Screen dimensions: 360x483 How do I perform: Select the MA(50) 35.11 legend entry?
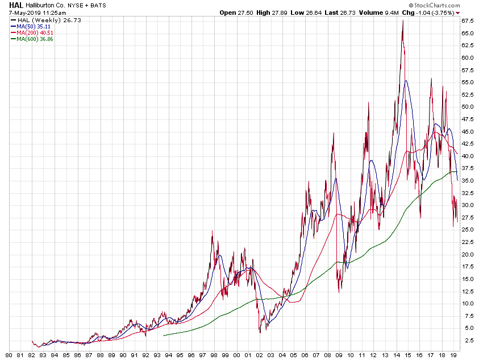point(32,26)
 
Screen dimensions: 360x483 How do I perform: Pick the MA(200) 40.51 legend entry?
point(34,32)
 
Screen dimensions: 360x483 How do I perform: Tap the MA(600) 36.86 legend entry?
point(34,39)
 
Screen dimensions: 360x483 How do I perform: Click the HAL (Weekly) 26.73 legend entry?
point(40,20)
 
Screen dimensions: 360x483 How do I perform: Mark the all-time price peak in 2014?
point(403,21)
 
